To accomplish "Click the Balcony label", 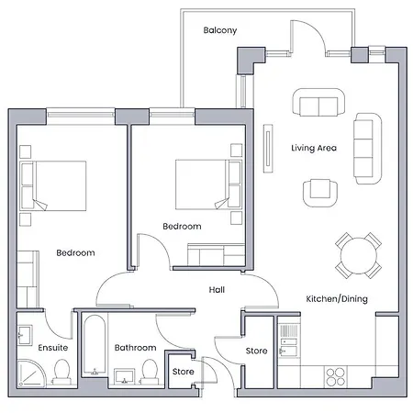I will [x=219, y=30].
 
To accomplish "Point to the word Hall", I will [x=217, y=290].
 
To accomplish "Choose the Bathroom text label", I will [x=134, y=348].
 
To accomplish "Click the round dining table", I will [x=357, y=254].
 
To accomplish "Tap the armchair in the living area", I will [x=318, y=190].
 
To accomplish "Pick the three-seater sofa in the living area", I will [x=368, y=148].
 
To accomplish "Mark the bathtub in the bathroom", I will [x=93, y=346].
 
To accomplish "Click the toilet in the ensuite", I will [x=62, y=372].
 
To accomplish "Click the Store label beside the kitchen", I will [x=257, y=351].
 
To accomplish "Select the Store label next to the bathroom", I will [x=183, y=372].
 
